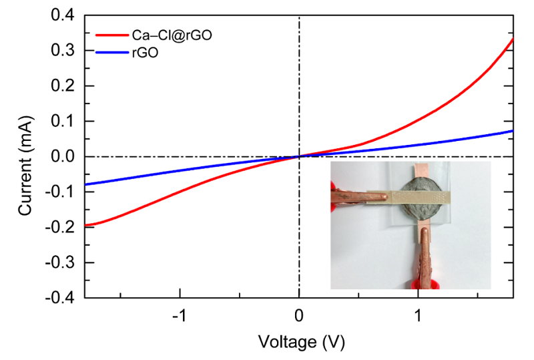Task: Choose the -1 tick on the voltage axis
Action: tap(179, 315)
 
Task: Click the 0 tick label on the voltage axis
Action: tap(299, 315)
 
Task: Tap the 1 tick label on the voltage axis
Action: tap(419, 315)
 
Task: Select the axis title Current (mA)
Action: tap(25, 157)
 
